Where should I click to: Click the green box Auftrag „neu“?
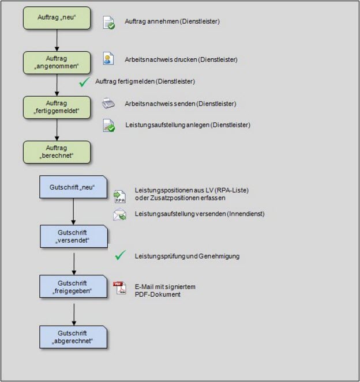(57, 18)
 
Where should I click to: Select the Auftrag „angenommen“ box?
(57, 63)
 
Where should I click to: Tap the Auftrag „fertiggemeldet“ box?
(57, 107)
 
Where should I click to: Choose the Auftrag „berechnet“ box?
(57, 152)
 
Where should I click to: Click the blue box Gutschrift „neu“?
(73, 187)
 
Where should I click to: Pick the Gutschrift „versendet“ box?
(74, 236)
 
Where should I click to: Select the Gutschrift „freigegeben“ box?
(73, 286)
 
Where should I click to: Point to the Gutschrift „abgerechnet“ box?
(73, 337)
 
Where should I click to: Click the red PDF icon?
(119, 288)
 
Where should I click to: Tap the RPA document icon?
(120, 196)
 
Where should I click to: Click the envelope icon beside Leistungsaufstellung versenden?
(119, 214)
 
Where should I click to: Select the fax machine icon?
(108, 103)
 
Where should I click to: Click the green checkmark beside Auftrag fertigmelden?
(84, 82)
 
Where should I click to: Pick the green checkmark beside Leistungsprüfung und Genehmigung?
(121, 255)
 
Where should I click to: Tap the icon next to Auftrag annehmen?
(109, 22)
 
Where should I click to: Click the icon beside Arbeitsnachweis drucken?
(108, 58)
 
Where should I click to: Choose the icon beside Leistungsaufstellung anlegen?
(109, 126)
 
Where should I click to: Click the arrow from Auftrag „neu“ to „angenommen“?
(57, 40)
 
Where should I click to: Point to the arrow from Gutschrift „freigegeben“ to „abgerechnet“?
(74, 314)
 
